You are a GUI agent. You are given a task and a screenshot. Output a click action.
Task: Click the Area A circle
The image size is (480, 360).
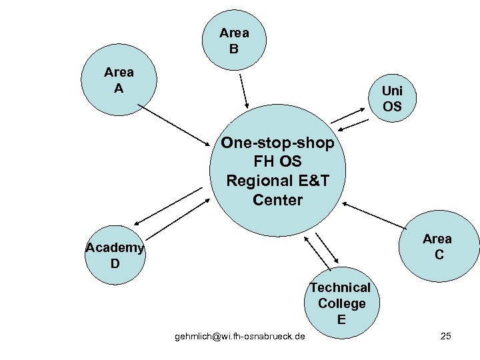[x=119, y=80]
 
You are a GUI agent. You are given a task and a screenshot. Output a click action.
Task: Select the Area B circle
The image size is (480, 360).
[x=234, y=40]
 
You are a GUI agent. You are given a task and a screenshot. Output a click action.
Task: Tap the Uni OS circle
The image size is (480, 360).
[x=392, y=98]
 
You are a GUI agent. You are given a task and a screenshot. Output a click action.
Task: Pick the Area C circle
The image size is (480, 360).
[x=437, y=247]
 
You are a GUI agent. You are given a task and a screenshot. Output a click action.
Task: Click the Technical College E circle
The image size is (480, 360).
[x=341, y=303]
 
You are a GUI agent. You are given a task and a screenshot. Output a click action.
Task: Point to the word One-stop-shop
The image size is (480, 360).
[x=278, y=143]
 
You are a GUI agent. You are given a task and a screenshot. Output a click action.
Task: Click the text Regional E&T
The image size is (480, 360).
[x=278, y=181]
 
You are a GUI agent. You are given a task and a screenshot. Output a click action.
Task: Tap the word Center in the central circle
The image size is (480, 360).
[x=278, y=199]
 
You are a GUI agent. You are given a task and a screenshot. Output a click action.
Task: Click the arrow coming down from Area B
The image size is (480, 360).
[x=243, y=90]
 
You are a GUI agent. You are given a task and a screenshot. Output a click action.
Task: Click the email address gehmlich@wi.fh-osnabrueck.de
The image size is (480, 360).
[x=240, y=336]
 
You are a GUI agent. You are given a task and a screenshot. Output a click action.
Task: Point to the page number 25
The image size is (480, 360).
[x=446, y=336]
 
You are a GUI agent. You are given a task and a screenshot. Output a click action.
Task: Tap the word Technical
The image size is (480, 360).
[x=340, y=287]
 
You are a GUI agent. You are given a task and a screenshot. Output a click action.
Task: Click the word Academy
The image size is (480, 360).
[x=115, y=248]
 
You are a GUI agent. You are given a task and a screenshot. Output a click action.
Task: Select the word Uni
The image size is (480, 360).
[x=392, y=91]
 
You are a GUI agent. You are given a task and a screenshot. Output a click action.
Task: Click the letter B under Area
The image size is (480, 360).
[x=234, y=49]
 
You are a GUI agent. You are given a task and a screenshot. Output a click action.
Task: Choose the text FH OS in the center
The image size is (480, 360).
[x=278, y=162]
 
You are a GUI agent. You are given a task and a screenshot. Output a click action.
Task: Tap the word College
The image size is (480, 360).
[x=341, y=303]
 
